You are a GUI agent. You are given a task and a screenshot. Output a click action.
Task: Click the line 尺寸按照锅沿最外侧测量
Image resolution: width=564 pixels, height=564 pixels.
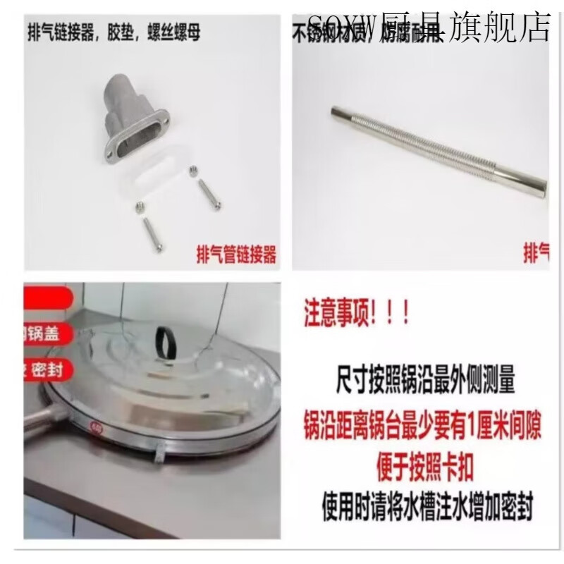pos(425,385)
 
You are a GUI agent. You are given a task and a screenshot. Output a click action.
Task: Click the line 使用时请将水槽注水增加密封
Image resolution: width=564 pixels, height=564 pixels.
pos(425,505)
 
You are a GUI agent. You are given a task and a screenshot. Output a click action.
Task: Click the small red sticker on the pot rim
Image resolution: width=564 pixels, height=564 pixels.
pos(94,424)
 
